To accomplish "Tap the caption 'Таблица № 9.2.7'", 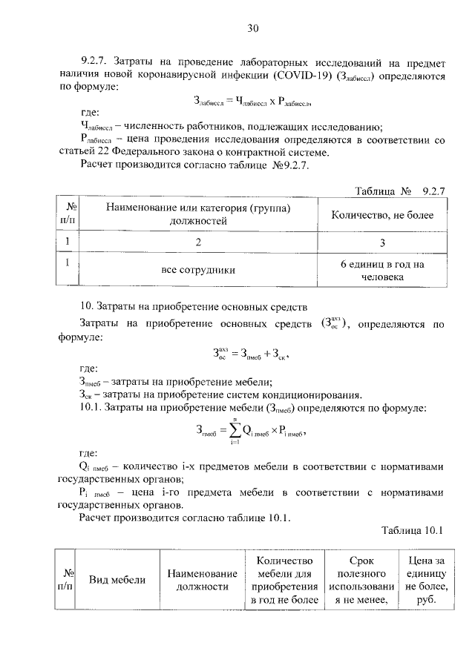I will pos(399,191).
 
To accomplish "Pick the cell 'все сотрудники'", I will pos(198,270).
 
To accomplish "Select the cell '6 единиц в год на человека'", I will pos(382,270).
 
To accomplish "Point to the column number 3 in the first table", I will pos(382,242).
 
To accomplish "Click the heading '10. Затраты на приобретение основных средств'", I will pos(193,306).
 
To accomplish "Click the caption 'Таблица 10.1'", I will pos(412,530).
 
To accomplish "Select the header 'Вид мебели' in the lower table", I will pos(117,580).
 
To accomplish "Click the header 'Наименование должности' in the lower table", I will pos(202,580).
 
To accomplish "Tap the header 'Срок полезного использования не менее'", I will pos(359,580).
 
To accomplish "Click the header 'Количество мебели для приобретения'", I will pos(284,580).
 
